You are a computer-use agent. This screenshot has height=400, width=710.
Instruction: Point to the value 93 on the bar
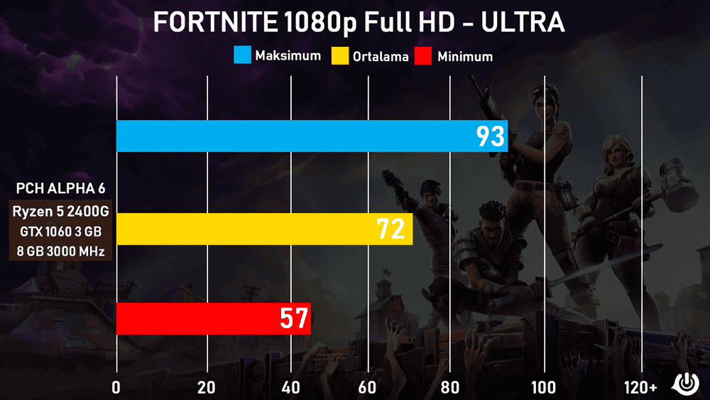pos(490,136)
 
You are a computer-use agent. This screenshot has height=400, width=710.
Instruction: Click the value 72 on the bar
pos(391,229)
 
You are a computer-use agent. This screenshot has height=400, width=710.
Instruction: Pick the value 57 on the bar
pos(294,319)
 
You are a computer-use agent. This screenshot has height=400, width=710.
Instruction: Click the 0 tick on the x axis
pos(116,387)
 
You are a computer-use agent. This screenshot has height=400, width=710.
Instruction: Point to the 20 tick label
pos(207,387)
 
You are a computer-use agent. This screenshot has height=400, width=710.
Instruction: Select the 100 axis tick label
pos(544,387)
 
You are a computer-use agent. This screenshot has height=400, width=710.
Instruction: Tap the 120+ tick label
pos(641,387)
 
